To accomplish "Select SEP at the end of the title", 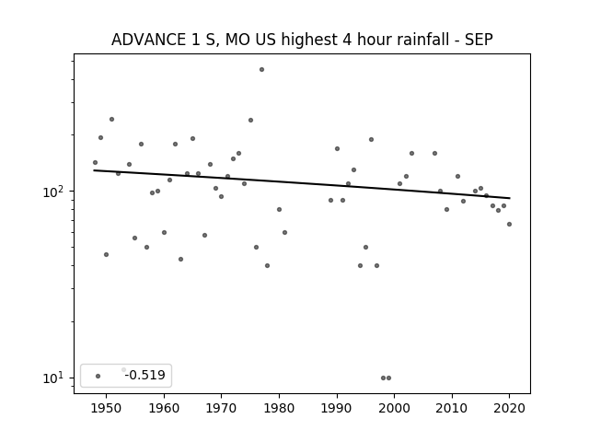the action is point(479,40).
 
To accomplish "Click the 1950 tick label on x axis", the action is point(107,408).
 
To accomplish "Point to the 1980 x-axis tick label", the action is point(279,408).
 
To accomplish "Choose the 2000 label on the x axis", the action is point(394,408).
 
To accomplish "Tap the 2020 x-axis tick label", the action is point(509,408).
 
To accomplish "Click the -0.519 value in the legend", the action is point(145,375).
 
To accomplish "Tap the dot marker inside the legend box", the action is point(98,376).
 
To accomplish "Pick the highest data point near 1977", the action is point(261,70).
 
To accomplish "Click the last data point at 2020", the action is point(509,225).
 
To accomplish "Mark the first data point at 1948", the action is point(95,163).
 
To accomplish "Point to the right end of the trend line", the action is point(510,198).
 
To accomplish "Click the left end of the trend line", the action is point(94,170).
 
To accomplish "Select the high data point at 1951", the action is point(111,120).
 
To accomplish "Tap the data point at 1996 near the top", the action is point(371,139).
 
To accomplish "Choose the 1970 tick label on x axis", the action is point(221,408).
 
